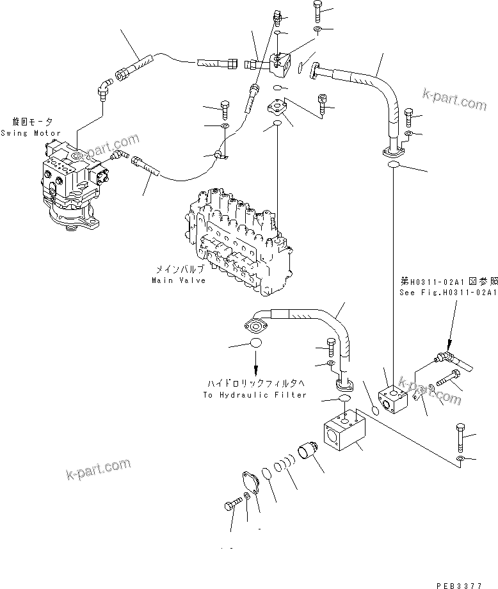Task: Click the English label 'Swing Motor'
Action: point(31,133)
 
